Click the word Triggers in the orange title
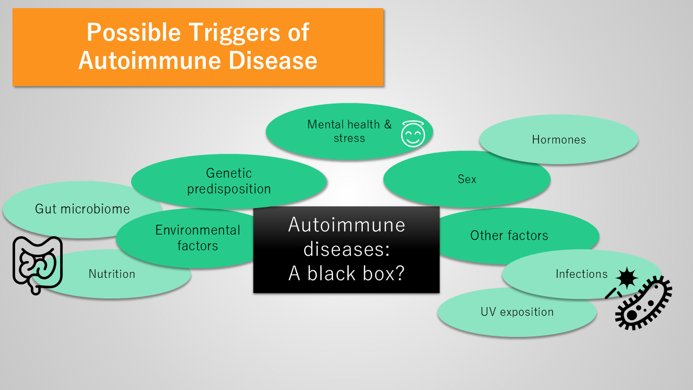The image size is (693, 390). (235, 33)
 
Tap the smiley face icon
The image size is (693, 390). (413, 134)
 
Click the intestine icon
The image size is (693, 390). (37, 265)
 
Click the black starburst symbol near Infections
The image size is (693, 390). (626, 278)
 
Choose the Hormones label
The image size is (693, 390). (559, 140)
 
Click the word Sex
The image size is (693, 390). (467, 179)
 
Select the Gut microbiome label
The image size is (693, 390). (82, 209)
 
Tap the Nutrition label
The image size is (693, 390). (112, 274)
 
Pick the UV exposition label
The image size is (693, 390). (517, 312)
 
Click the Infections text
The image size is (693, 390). (581, 274)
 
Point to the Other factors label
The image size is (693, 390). (509, 236)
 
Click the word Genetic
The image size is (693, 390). (229, 173)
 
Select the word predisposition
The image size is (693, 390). (229, 189)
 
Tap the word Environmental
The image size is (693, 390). (198, 230)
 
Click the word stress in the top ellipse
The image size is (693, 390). (349, 138)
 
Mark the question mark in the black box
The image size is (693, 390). (399, 274)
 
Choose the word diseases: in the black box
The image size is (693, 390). (346, 249)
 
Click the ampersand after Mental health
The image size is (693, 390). (388, 125)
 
